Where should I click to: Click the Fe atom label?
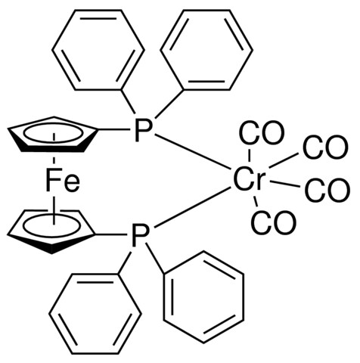pyautogui.click(x=63, y=180)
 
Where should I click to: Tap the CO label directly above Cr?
pyautogui.click(x=262, y=133)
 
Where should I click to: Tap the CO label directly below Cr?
pyautogui.click(x=273, y=222)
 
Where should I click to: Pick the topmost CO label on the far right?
pyautogui.click(x=325, y=147)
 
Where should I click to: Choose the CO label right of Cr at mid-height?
pyautogui.click(x=327, y=190)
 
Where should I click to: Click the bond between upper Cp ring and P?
pyautogui.click(x=114, y=130)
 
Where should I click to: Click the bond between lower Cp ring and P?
pyautogui.click(x=112, y=235)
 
